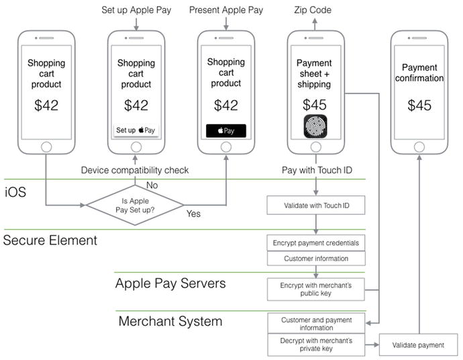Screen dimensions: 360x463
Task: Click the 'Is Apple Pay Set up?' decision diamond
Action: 136,204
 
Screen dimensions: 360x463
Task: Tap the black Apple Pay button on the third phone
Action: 225,130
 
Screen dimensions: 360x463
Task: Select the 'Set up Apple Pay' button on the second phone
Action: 136,130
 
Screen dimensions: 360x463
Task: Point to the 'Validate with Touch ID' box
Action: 316,205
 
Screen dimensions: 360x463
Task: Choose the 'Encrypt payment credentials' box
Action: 316,242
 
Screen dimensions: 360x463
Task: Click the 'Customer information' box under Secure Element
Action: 316,258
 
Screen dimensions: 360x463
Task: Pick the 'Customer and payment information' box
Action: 316,324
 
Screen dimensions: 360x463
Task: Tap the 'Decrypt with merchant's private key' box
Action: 316,345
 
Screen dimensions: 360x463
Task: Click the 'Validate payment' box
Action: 418,345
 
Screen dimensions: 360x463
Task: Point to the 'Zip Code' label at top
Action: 313,10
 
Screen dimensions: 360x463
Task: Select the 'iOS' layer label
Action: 16,192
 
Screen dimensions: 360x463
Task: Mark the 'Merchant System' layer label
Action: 170,321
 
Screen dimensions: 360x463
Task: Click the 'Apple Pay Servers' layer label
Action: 170,283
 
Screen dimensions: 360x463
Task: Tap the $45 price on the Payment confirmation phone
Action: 419,105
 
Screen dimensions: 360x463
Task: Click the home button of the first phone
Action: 46,146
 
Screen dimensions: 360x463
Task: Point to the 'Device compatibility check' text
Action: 135,170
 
